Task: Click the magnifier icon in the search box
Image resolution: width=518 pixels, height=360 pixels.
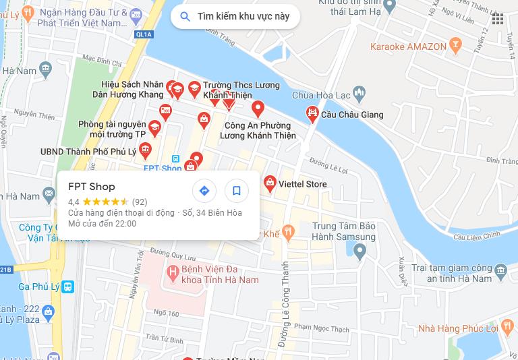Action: [185, 16]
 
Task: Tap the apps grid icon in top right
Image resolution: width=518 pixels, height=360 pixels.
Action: [498, 19]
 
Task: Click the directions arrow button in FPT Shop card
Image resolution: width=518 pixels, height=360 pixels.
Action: [204, 191]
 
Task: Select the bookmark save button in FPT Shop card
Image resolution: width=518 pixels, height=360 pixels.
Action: [237, 191]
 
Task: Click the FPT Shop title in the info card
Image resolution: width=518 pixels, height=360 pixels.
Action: [92, 187]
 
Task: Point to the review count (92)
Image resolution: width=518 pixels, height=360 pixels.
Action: [140, 202]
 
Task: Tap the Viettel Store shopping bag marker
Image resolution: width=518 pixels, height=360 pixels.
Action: [270, 183]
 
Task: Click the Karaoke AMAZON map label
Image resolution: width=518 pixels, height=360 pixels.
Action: [408, 47]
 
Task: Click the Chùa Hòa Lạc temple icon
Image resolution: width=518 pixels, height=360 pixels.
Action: [359, 94]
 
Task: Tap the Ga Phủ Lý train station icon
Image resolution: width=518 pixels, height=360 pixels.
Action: [67, 287]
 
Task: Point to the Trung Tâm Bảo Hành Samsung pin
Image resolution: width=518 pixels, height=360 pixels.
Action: [359, 252]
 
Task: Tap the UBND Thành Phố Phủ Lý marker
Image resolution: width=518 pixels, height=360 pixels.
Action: [144, 150]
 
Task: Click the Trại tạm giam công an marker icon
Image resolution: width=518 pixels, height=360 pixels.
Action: [500, 272]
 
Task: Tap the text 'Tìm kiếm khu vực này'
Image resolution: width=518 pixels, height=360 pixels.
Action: [243, 16]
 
